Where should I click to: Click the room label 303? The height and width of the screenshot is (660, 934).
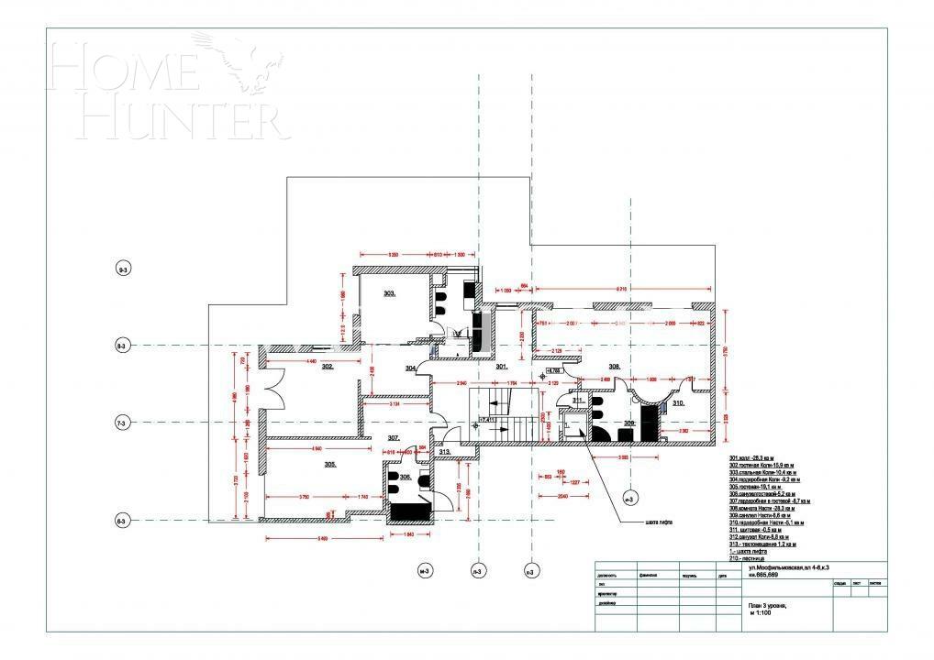[x=389, y=293]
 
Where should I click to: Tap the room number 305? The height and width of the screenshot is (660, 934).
[x=330, y=465]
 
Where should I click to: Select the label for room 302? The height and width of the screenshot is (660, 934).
[x=327, y=365]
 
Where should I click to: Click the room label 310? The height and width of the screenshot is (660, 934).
[x=678, y=402]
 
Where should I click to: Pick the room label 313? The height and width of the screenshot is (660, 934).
[x=444, y=452]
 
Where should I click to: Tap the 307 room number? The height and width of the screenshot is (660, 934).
[x=393, y=438]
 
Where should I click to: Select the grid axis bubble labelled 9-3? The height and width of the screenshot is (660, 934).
[x=123, y=269]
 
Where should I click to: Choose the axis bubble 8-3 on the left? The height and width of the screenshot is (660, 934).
[x=122, y=346]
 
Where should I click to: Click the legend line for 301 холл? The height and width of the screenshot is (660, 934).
[x=751, y=457]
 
